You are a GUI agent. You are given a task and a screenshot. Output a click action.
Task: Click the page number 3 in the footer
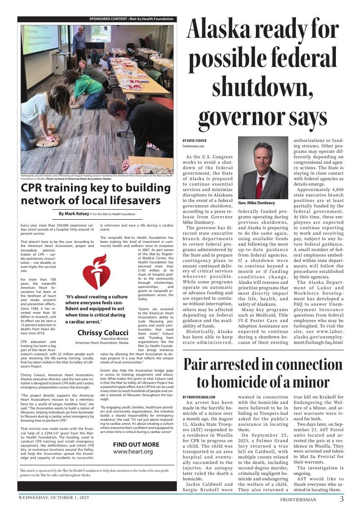point(341,499)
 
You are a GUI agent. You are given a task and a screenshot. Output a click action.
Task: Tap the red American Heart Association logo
point(96,272)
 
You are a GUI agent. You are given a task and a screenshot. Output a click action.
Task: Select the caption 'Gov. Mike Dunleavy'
point(257,203)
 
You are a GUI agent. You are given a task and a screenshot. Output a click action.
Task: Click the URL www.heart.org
point(133,452)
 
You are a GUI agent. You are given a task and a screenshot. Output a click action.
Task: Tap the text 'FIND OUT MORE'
point(136,444)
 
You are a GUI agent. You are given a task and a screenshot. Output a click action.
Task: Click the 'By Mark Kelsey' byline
point(74,214)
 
